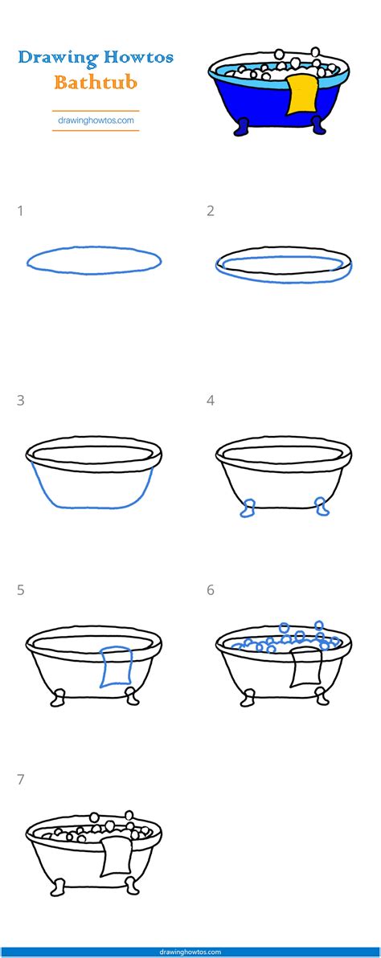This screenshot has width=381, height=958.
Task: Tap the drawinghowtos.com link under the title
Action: (96, 120)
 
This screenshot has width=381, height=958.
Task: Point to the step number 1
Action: (21, 211)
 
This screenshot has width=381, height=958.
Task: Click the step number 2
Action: (211, 211)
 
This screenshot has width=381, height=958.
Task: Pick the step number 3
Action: (21, 400)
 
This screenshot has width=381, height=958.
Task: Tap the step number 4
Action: (211, 400)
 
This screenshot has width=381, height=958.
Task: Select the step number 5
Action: (21, 589)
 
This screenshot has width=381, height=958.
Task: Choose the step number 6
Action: (211, 589)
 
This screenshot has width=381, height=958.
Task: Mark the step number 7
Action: (21, 779)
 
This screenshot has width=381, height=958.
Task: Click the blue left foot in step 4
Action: (248, 508)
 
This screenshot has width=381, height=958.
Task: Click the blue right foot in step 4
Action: (322, 506)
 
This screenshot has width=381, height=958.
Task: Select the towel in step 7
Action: (116, 855)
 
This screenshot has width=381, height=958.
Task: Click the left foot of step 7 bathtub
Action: (58, 887)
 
